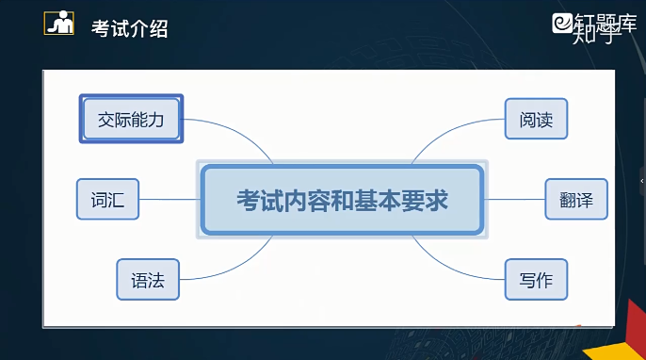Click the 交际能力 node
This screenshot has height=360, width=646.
coord(131,119)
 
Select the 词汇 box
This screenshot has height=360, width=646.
coord(107,200)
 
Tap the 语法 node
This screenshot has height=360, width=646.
coord(148,280)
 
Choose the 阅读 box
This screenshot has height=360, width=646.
coord(536,119)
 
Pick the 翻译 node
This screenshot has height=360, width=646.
coord(576,200)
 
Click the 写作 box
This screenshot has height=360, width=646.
coord(536,280)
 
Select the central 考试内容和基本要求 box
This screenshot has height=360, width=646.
coord(342,200)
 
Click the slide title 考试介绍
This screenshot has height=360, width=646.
coord(129,28)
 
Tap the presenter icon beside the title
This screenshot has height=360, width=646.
coord(59,23)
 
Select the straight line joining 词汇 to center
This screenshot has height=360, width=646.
coord(170,200)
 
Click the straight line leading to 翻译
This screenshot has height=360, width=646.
coord(514,200)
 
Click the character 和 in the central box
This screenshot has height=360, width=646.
coord(342,200)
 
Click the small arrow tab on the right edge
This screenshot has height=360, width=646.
coord(642,180)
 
